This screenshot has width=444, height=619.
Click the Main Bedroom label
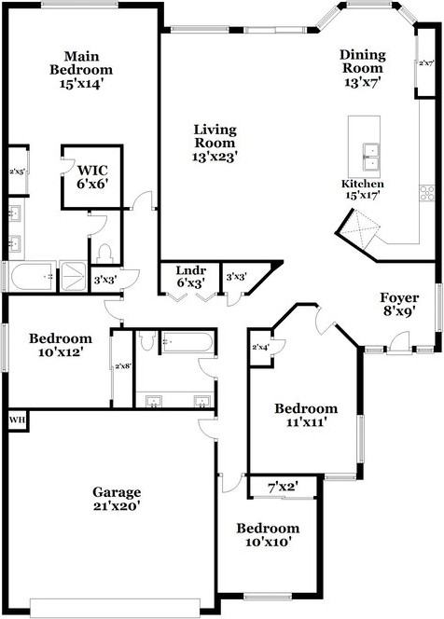(82, 69)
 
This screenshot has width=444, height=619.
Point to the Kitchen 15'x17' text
(362, 189)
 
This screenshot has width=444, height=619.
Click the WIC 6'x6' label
(91, 177)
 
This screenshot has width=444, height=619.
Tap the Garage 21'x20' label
(116, 499)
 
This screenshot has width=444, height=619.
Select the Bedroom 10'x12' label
(60, 345)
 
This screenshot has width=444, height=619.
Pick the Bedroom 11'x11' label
(305, 415)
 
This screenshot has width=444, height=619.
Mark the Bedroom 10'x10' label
(267, 534)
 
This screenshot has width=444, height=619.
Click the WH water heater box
(17, 420)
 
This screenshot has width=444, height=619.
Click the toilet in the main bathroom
(104, 253)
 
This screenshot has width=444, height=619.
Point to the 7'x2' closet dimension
(282, 486)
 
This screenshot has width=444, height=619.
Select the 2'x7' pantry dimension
(427, 63)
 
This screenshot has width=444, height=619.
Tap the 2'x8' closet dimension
(122, 366)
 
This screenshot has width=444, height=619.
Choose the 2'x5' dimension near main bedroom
(17, 172)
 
